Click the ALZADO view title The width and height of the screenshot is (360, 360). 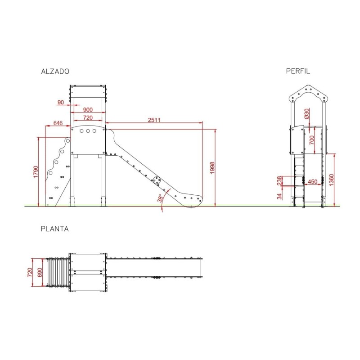tap(55, 72)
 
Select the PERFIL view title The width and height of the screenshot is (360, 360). tap(298, 71)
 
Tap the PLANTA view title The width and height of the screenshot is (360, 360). tap(54, 229)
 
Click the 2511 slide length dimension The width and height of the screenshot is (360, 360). tap(154, 120)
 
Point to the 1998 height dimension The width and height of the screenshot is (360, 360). tap(212, 168)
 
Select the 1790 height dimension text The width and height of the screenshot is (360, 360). tap(36, 172)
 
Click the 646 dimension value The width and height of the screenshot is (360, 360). tap(58, 123)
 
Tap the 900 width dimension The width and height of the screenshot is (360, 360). tap(88, 109)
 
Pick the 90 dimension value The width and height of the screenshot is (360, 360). tap(61, 102)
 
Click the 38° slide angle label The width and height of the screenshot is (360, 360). tap(160, 198)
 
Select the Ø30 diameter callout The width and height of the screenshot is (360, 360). tap(307, 114)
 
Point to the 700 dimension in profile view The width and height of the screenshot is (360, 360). tap(311, 140)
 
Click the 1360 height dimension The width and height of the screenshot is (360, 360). tap(331, 180)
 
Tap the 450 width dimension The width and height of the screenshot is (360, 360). tap(312, 182)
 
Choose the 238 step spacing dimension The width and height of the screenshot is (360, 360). tap(279, 181)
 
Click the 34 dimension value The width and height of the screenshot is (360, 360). tap(279, 196)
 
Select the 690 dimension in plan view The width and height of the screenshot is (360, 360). tap(40, 272)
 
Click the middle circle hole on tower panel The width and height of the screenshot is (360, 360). tap(88, 131)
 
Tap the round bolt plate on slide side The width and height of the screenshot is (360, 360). tap(157, 181)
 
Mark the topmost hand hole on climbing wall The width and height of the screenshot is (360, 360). tap(68, 140)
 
